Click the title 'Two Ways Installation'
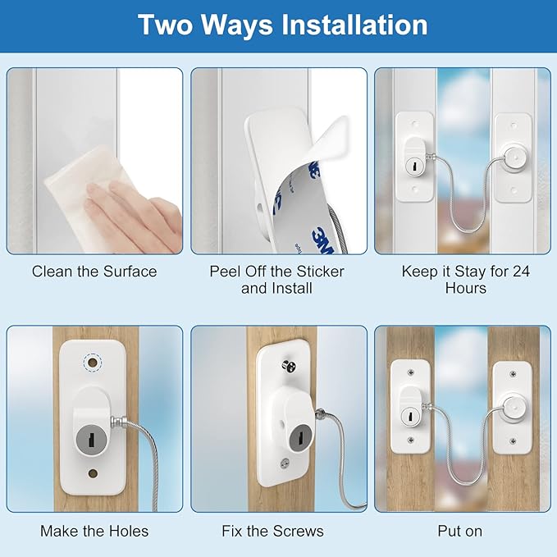(282, 25)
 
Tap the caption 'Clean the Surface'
(94, 271)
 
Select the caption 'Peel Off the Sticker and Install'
(276, 279)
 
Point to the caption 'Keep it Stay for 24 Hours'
(465, 279)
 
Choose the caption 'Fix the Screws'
(272, 531)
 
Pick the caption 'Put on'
(459, 531)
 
